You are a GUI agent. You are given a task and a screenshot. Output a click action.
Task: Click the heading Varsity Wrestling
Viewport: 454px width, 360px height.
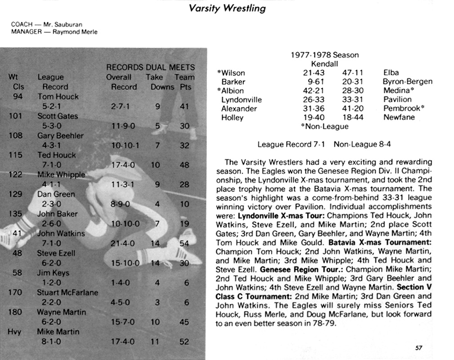point(227,8)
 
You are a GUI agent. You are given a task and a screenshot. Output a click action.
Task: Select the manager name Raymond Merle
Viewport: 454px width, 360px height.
point(75,32)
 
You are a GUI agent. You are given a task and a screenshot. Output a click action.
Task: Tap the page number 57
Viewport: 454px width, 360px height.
point(418,347)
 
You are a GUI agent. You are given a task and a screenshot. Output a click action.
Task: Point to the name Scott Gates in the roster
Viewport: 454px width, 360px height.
point(57,116)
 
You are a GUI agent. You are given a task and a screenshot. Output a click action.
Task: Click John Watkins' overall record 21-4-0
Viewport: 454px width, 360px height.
point(122,243)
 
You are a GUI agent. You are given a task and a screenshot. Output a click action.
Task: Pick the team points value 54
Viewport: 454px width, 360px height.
point(184,243)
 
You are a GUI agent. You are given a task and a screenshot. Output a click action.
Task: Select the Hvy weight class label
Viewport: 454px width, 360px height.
point(15,332)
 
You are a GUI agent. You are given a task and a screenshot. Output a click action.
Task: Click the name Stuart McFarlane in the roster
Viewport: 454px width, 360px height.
point(67,292)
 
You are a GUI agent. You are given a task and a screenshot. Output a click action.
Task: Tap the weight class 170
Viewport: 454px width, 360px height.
point(16,292)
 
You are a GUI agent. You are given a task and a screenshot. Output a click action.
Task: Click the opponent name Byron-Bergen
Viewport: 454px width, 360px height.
point(407,81)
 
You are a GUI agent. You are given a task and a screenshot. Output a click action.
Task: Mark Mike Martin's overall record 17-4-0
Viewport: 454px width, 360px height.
point(122,342)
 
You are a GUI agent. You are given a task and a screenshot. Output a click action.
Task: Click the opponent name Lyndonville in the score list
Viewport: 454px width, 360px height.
point(241,99)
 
